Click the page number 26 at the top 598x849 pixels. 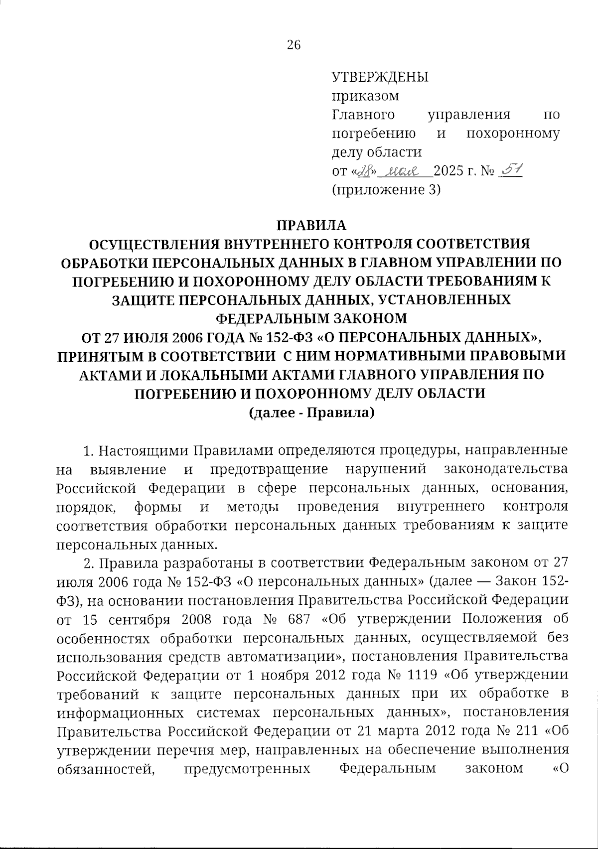(294, 46)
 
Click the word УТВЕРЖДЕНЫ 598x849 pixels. (380, 77)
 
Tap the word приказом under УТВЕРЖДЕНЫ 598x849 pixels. (365, 96)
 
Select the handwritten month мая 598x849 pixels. (405, 171)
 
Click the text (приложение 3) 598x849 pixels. (386, 189)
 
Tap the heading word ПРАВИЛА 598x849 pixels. (311, 225)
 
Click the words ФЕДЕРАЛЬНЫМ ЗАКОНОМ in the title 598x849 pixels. (311, 318)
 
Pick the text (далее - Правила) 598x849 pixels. (311, 413)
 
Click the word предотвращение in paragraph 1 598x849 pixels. (269, 469)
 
